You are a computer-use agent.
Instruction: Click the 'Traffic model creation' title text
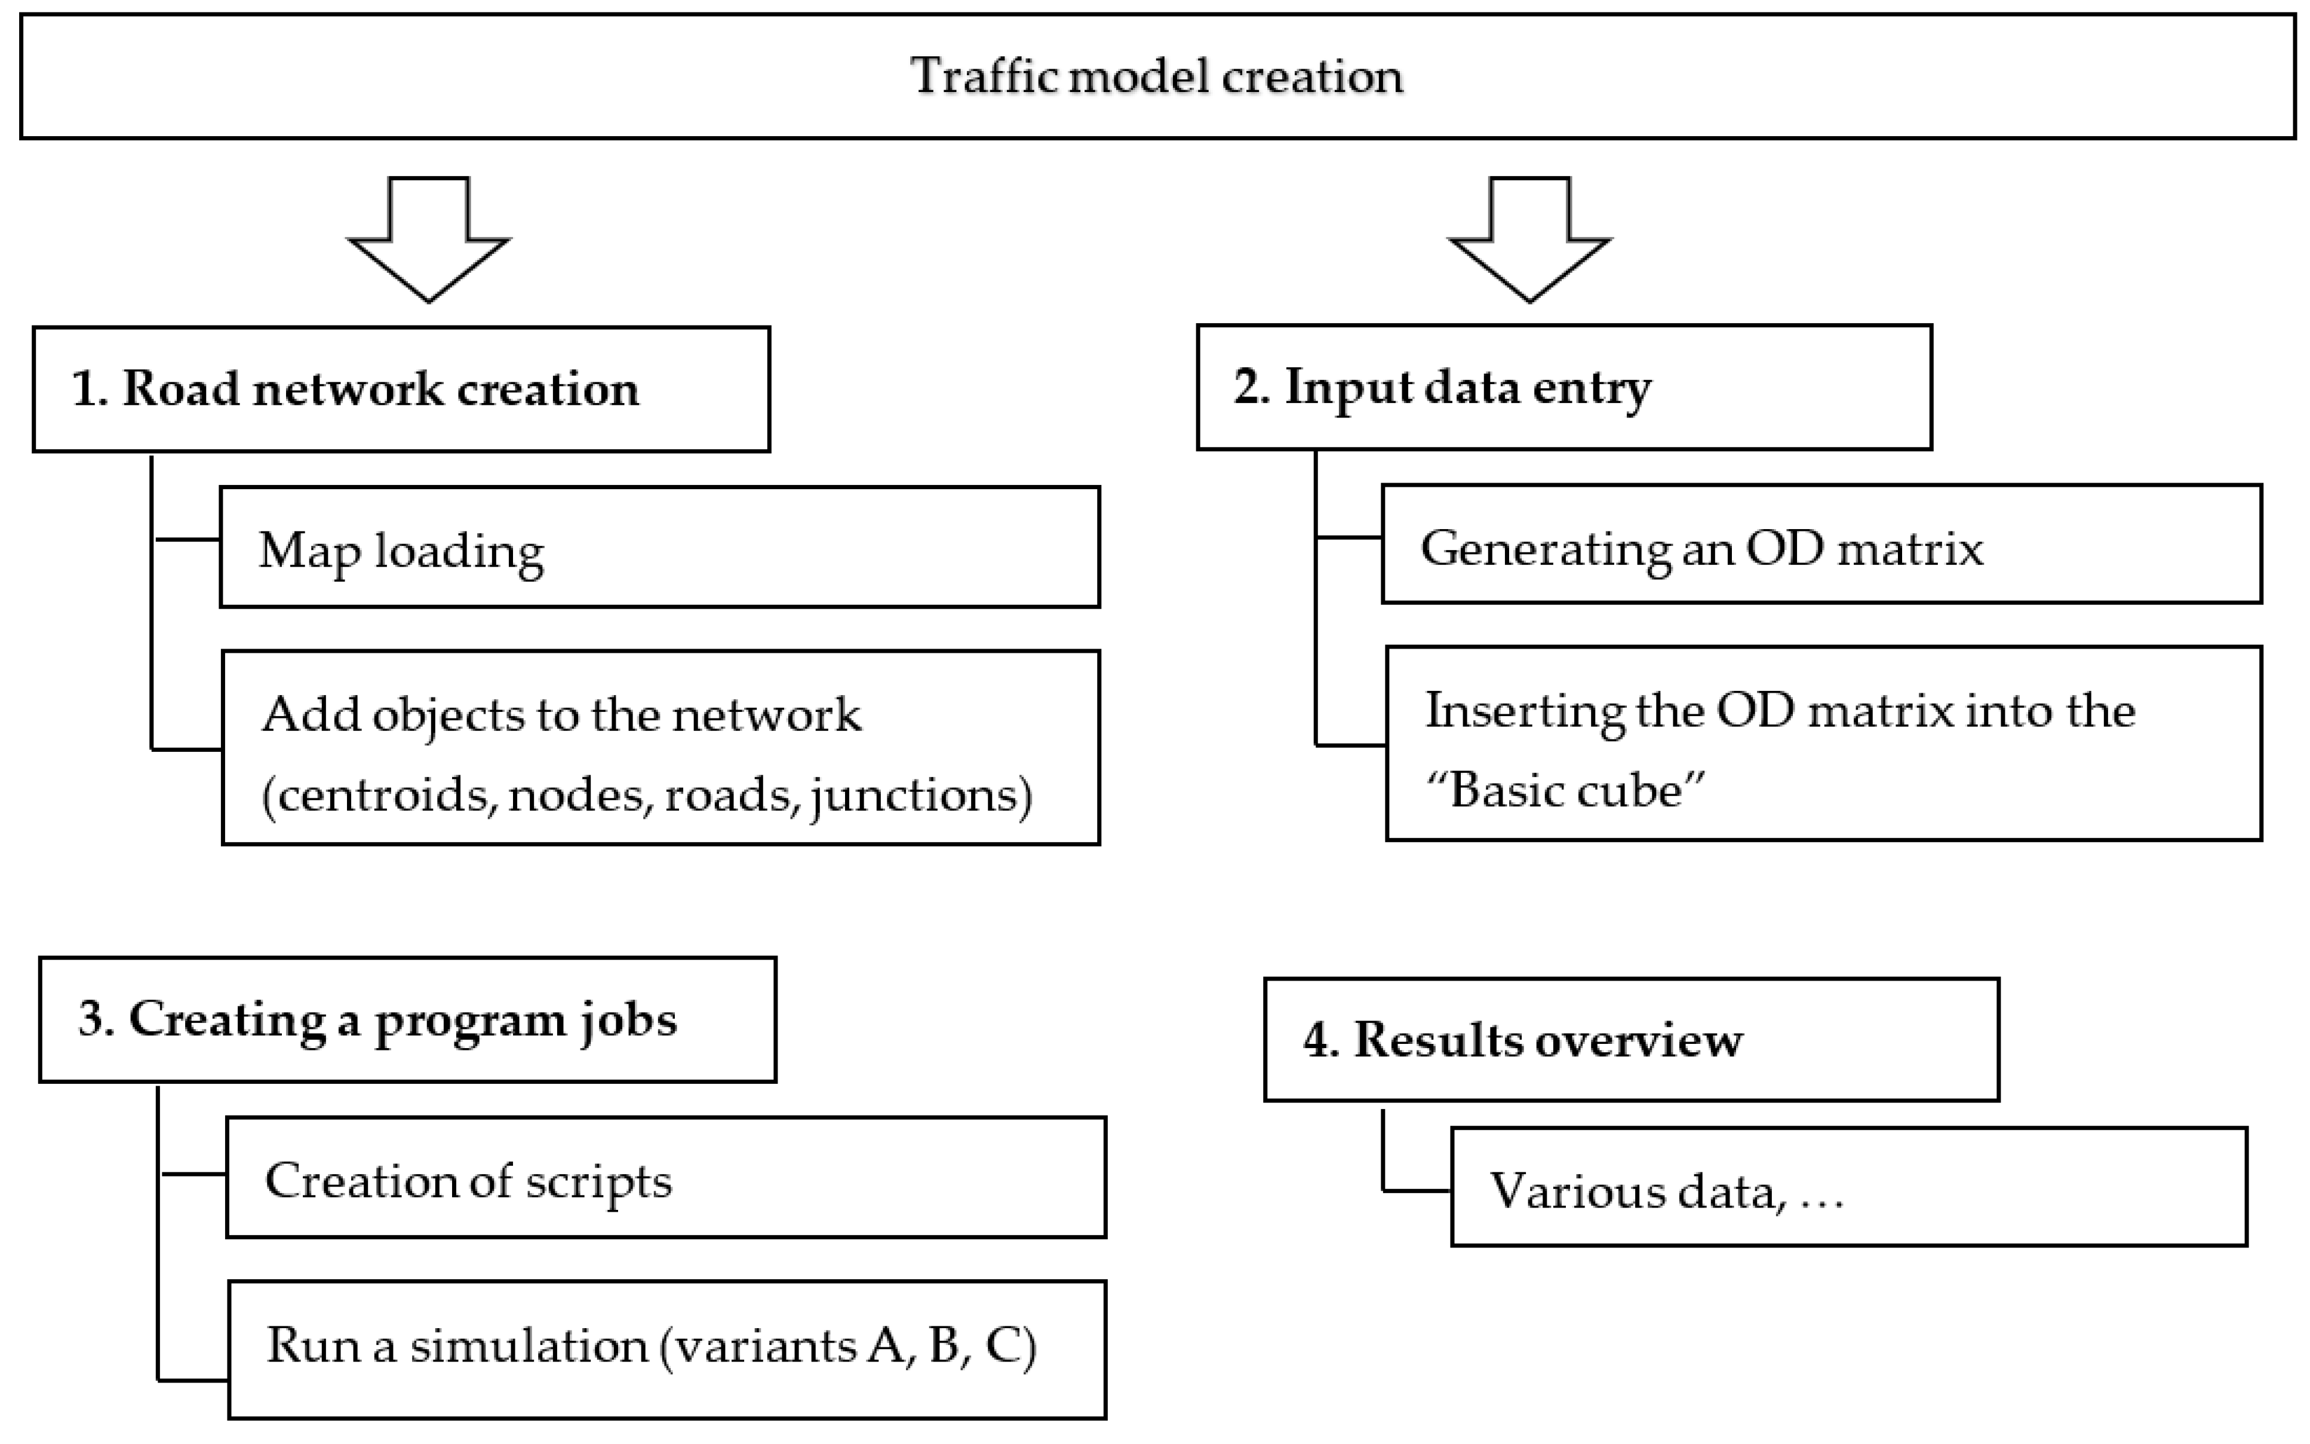click(1156, 76)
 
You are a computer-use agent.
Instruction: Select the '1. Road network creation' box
click(401, 389)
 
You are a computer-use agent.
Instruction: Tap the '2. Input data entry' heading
click(1442, 387)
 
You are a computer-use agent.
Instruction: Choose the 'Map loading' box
click(659, 547)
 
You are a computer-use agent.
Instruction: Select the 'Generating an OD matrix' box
click(1821, 545)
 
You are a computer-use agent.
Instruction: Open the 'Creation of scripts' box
click(666, 1178)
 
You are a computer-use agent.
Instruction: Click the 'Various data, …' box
click(1848, 1187)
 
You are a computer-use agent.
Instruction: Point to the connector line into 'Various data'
click(1417, 1190)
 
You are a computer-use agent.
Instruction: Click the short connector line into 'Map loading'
click(188, 540)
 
